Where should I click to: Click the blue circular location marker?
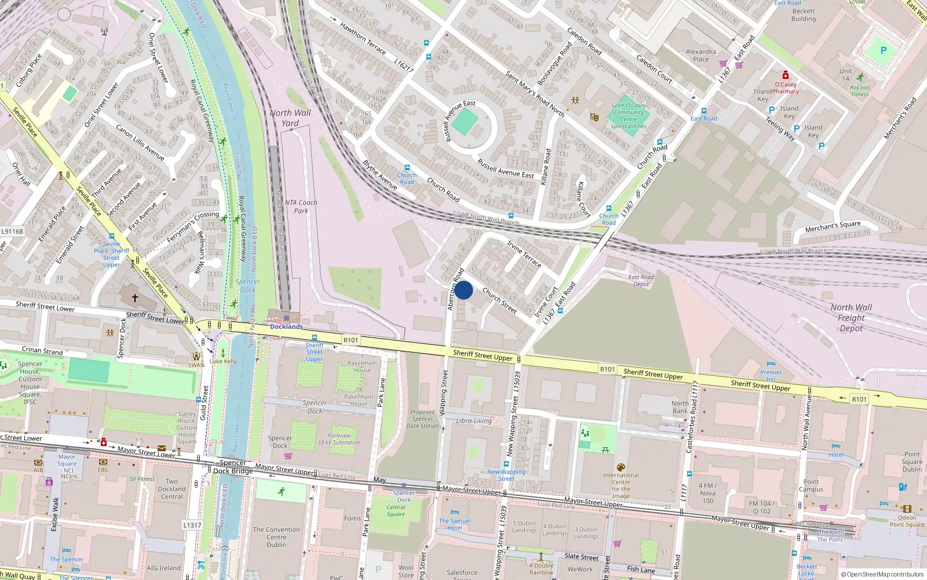463,290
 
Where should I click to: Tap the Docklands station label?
286,327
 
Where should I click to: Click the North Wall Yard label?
290,118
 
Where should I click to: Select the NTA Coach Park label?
301,206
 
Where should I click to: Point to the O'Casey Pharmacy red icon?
785,75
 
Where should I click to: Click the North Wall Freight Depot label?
851,318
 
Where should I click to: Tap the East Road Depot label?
641,280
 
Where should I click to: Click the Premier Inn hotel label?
771,376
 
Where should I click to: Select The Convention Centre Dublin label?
276,537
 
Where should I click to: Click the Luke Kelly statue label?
223,361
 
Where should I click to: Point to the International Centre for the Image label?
621,485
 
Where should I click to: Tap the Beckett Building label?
803,15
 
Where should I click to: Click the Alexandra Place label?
700,55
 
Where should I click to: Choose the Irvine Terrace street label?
524,254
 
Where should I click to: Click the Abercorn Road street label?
455,289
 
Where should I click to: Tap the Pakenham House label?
362,367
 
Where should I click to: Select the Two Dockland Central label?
171,489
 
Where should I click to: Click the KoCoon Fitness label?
859,91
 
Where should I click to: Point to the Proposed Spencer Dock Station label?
422,419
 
